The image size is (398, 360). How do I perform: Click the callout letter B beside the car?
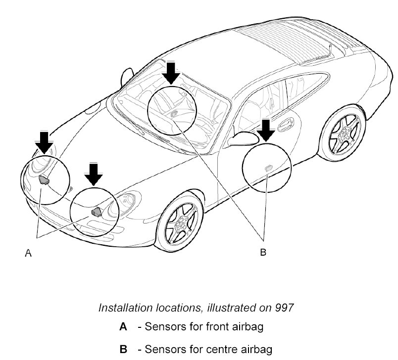pos(263,252)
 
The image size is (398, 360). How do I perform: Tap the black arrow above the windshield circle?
pos(172,72)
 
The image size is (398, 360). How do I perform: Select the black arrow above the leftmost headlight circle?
pos(45,141)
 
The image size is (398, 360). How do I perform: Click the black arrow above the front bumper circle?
pos(93,174)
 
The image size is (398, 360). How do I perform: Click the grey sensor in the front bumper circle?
pos(96,212)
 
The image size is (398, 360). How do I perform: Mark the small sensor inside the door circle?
pos(268,167)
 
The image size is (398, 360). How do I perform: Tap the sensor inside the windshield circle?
pos(174,113)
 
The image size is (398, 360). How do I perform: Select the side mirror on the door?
pos(244,138)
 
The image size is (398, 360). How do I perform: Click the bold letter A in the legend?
pos(123,327)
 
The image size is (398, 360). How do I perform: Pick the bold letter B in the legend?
pos(123,350)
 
